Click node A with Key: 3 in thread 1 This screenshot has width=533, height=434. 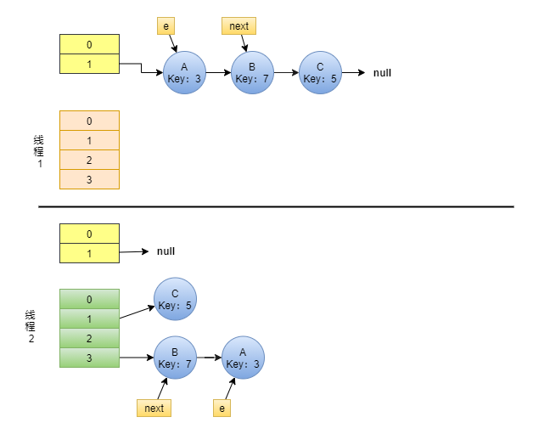184,73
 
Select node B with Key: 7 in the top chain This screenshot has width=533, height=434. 252,73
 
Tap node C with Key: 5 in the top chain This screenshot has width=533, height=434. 320,73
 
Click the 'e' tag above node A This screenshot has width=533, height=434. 166,26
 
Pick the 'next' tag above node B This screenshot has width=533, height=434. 239,26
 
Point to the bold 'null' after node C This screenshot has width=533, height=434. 382,73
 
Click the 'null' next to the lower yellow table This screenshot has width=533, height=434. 165,251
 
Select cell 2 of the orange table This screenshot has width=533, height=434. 89,160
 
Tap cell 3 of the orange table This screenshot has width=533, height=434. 89,179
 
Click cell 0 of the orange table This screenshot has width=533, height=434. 89,121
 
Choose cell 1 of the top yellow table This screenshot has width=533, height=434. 89,64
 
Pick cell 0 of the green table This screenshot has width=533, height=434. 89,300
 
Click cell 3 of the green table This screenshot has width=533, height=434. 89,358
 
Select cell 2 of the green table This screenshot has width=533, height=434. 89,339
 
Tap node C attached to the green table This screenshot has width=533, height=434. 175,299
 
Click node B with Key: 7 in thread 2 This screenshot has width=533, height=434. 175,358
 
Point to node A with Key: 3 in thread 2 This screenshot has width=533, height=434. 243,358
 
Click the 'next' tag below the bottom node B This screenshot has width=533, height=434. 154,409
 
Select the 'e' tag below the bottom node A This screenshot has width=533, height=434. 222,409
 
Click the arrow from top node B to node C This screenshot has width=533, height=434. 286,73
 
